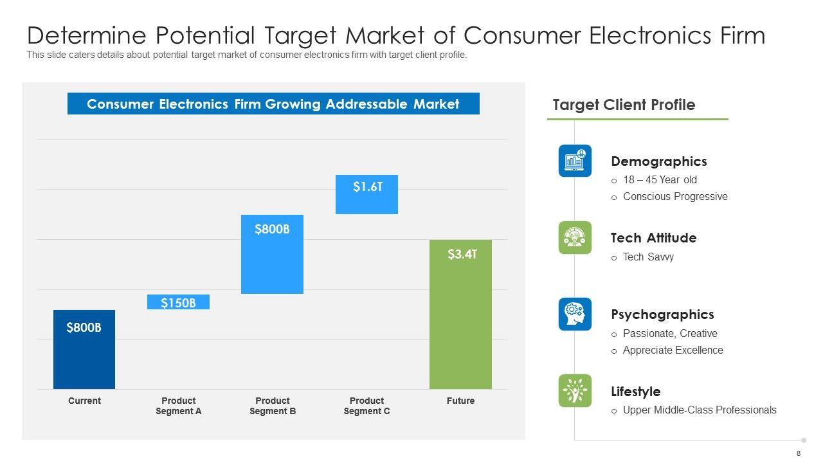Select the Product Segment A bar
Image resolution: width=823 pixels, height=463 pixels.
tap(178, 302)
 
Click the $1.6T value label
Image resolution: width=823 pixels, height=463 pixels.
tap(368, 187)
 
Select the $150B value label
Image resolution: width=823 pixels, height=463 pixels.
tap(178, 303)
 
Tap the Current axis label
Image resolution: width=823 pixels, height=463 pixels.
tap(84, 401)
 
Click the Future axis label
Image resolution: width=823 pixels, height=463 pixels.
tap(460, 401)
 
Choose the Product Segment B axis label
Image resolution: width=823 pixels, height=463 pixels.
tap(273, 406)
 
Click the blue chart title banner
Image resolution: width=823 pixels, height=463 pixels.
tap(273, 104)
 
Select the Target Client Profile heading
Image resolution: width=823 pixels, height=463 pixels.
tap(624, 105)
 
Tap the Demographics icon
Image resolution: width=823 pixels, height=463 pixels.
tap(575, 161)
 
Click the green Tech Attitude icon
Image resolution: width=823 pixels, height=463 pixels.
tap(575, 237)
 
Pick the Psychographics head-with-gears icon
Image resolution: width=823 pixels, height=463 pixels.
tap(575, 314)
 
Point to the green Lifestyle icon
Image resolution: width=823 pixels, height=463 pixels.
tap(575, 390)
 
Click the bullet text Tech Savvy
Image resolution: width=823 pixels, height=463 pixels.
tap(648, 257)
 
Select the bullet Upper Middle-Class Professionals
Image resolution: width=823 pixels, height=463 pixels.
tap(700, 410)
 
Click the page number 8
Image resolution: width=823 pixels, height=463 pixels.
tap(799, 453)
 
